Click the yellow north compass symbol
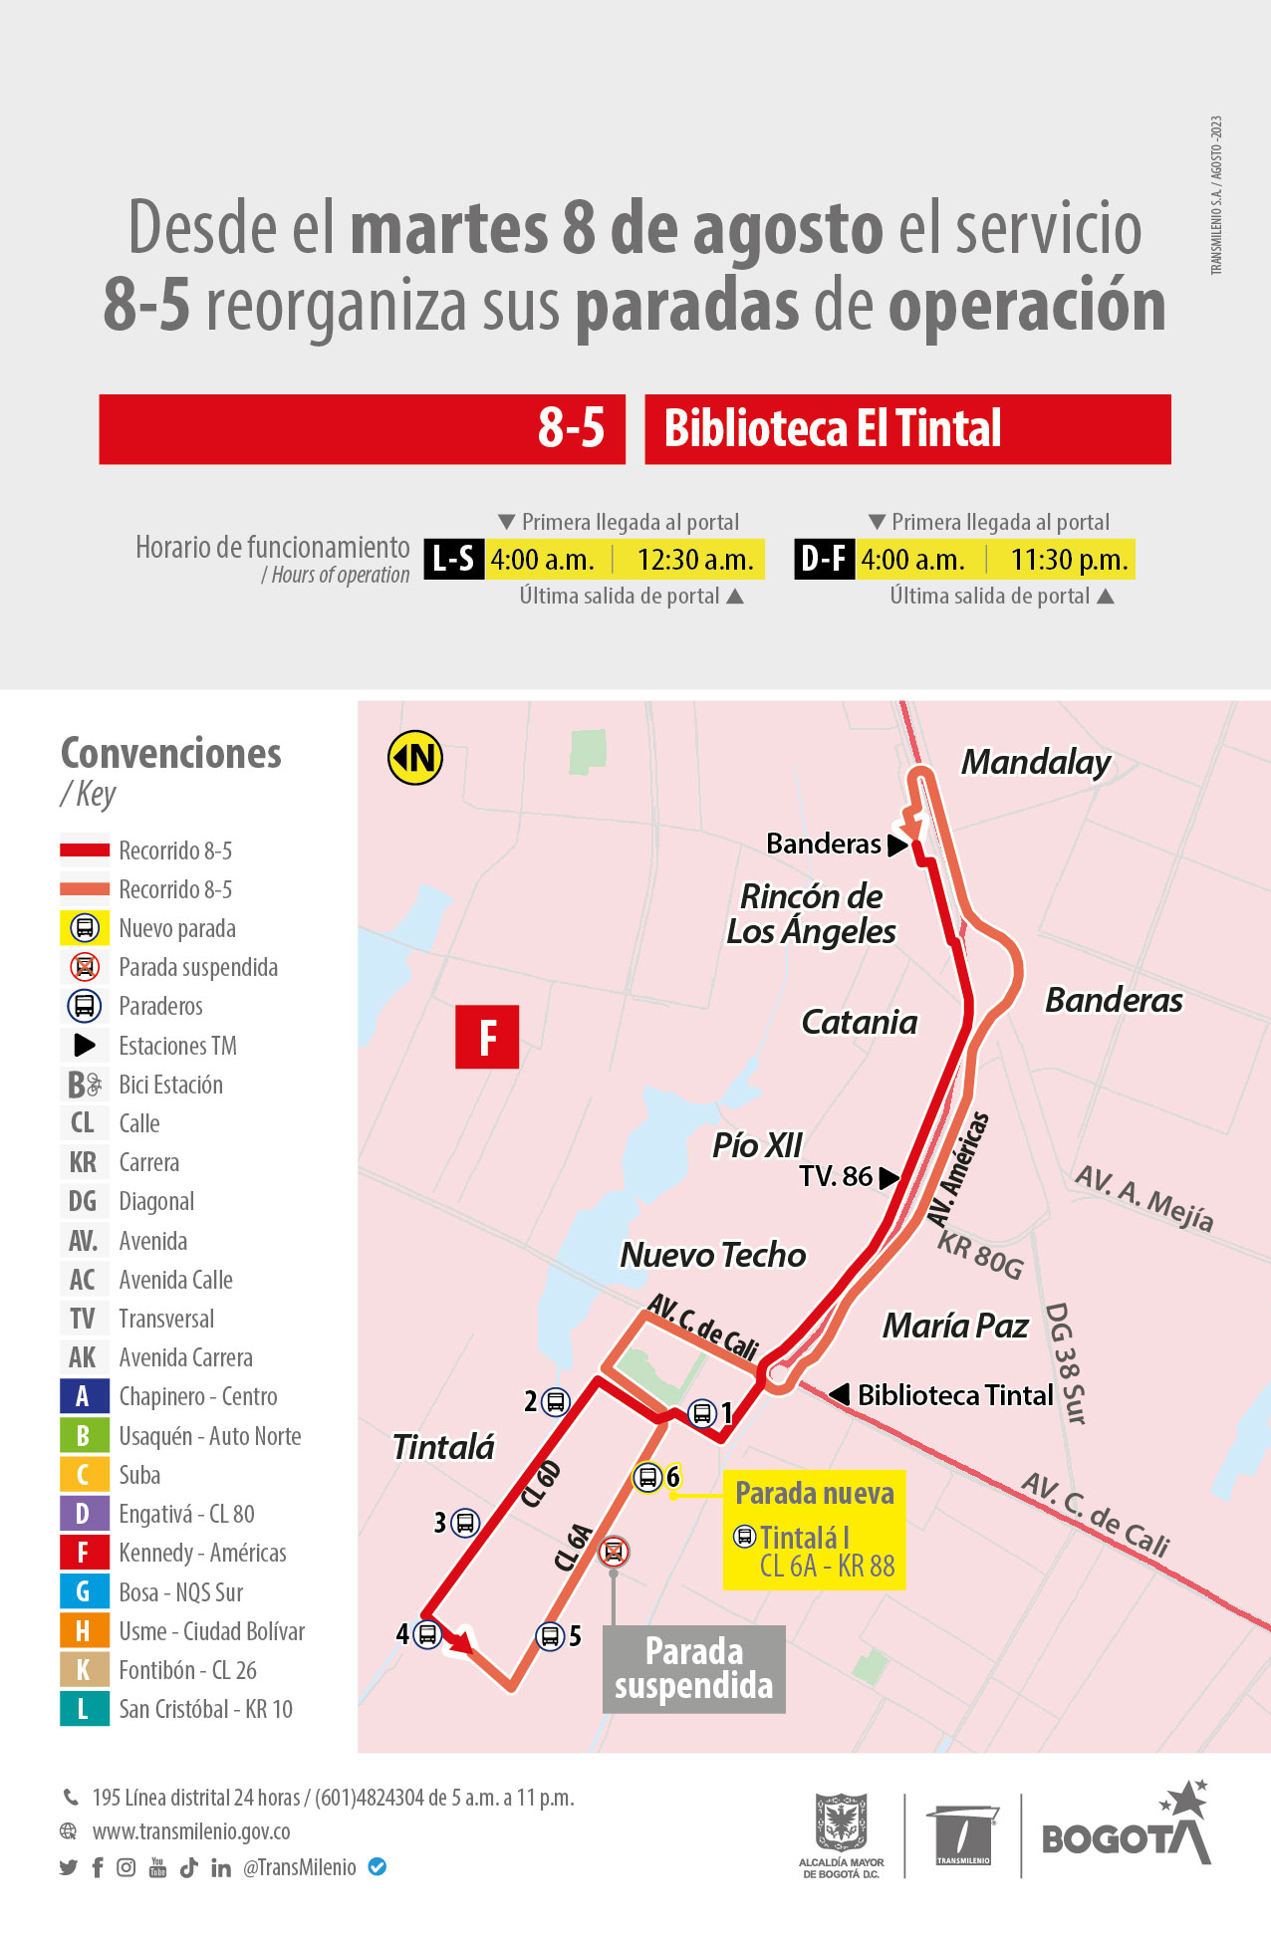[414, 758]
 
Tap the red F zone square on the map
[487, 1037]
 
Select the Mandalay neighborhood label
[1036, 762]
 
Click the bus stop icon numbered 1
[702, 1412]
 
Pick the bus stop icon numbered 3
[464, 1522]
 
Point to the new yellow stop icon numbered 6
[647, 1477]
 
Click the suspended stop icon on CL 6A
[614, 1551]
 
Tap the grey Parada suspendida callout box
[693, 1668]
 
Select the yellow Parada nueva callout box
[814, 1529]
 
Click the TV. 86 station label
[836, 1176]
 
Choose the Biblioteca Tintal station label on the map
[954, 1395]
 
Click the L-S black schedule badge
[454, 559]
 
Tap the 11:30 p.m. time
[1069, 560]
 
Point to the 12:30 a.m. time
[695, 560]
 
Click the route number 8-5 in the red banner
[571, 428]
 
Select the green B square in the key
[83, 1435]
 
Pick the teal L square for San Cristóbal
[83, 1709]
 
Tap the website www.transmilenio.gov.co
[191, 1831]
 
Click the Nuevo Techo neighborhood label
[713, 1255]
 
